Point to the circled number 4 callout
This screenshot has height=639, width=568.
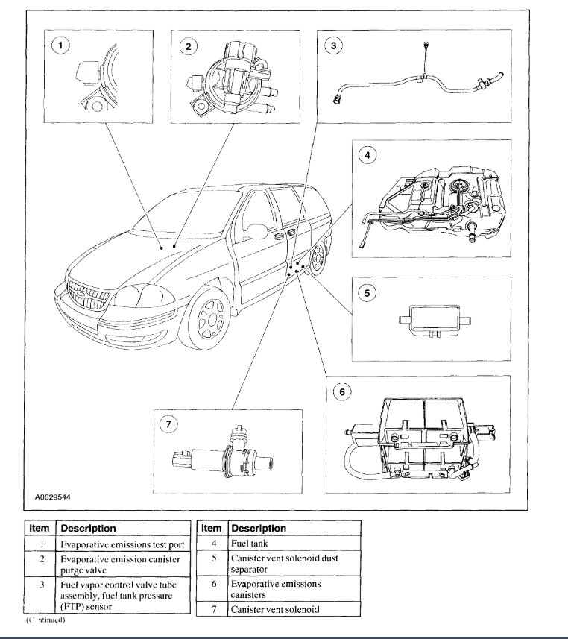(367, 156)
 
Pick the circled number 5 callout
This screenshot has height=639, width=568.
(367, 293)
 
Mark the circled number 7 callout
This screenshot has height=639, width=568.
(169, 425)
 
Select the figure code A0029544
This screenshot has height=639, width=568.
(53, 494)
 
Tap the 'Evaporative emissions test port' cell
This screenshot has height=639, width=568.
(122, 544)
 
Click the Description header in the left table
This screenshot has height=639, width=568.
(88, 528)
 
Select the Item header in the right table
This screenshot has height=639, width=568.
(211, 528)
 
